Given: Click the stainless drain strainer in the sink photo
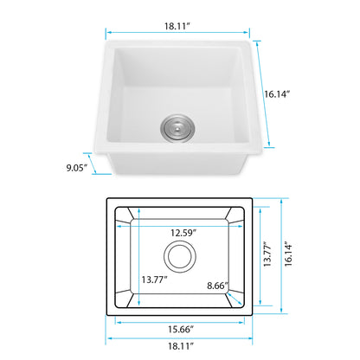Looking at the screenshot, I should (x=176, y=129).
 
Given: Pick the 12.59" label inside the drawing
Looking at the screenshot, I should (x=182, y=233).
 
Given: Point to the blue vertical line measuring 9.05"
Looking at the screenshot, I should (x=103, y=166).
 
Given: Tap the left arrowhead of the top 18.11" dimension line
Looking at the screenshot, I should (x=109, y=35).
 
